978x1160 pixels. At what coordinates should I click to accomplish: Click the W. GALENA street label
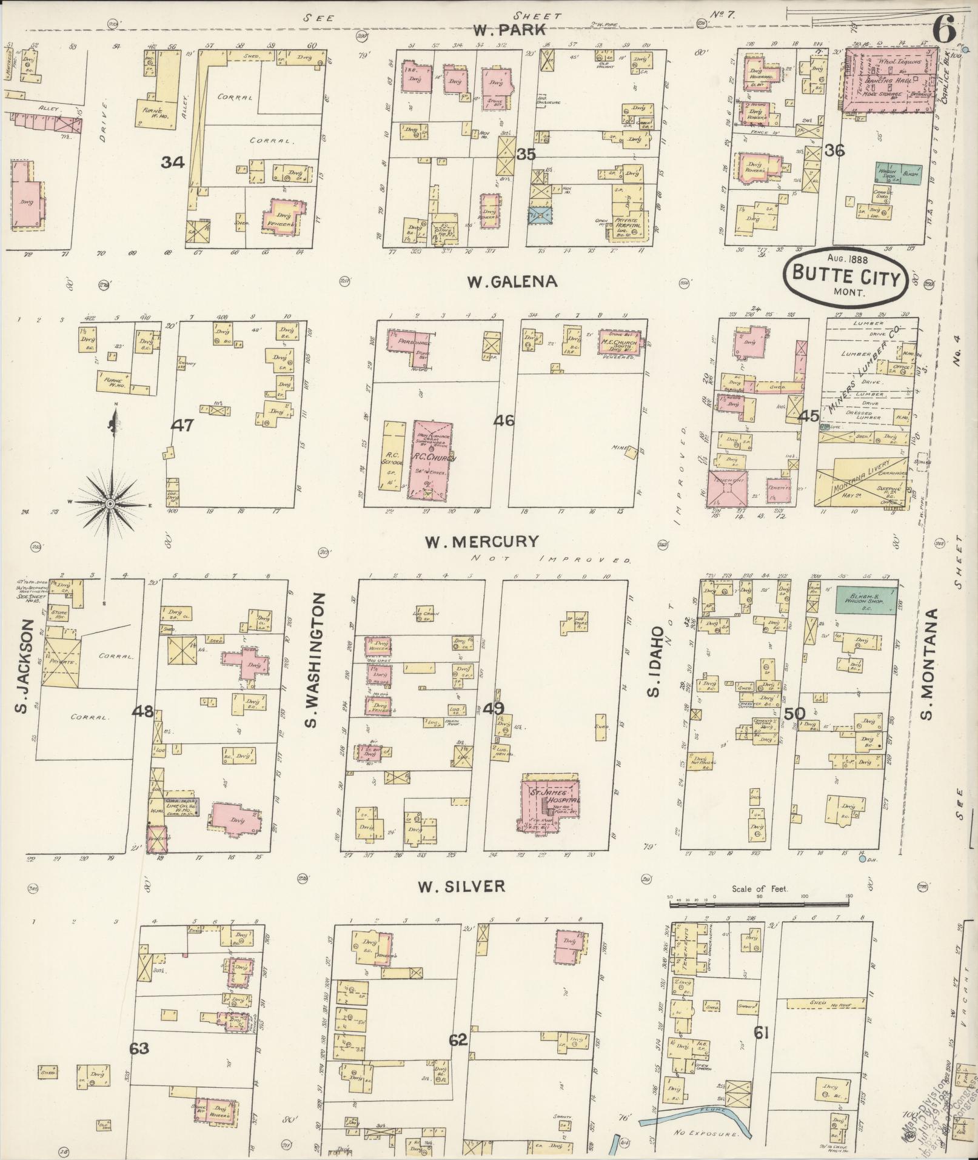(x=512, y=282)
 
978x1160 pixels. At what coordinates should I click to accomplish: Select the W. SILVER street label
(x=461, y=887)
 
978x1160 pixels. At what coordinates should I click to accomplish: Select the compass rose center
(x=110, y=504)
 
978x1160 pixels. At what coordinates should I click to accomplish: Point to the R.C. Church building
(x=433, y=458)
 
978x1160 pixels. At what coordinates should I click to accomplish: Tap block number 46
(x=504, y=420)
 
